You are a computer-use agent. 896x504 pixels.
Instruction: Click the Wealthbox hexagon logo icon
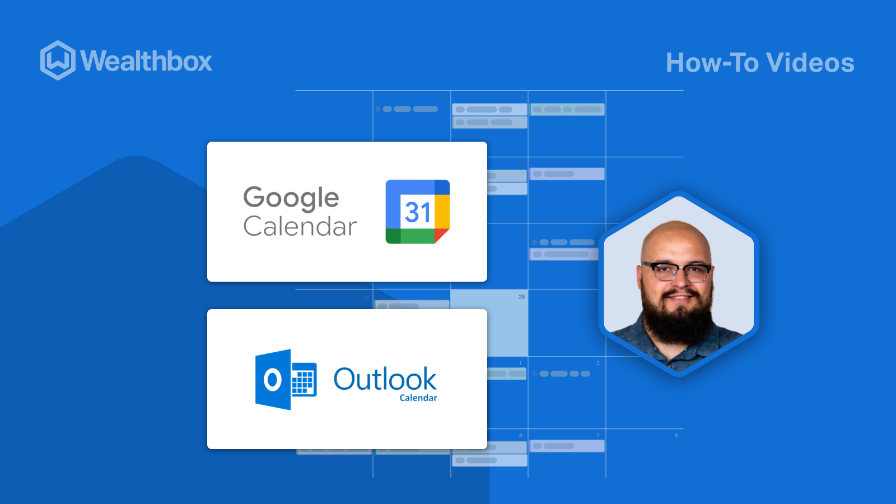tap(58, 60)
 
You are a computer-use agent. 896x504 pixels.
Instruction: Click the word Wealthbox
tap(146, 61)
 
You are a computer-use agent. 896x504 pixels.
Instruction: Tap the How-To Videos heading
tap(760, 63)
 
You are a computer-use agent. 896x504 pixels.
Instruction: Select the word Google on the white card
tap(291, 198)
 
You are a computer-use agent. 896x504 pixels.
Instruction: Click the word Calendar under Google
tap(300, 226)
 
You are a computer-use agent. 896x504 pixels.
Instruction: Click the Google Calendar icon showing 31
tap(417, 212)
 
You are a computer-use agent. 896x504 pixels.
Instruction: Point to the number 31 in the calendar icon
tap(418, 212)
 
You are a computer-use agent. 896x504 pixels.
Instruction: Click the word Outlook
tap(385, 379)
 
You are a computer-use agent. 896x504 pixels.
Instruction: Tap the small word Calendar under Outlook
tap(418, 398)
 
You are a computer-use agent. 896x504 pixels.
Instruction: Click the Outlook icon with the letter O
tap(273, 380)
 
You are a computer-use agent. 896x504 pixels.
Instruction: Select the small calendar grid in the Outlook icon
tap(303, 380)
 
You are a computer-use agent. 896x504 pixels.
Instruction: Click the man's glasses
tap(676, 272)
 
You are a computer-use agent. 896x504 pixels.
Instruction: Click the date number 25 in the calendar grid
tap(521, 297)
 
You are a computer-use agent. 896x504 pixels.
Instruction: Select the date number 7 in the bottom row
tap(598, 435)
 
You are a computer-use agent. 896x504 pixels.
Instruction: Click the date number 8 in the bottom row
tap(676, 435)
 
